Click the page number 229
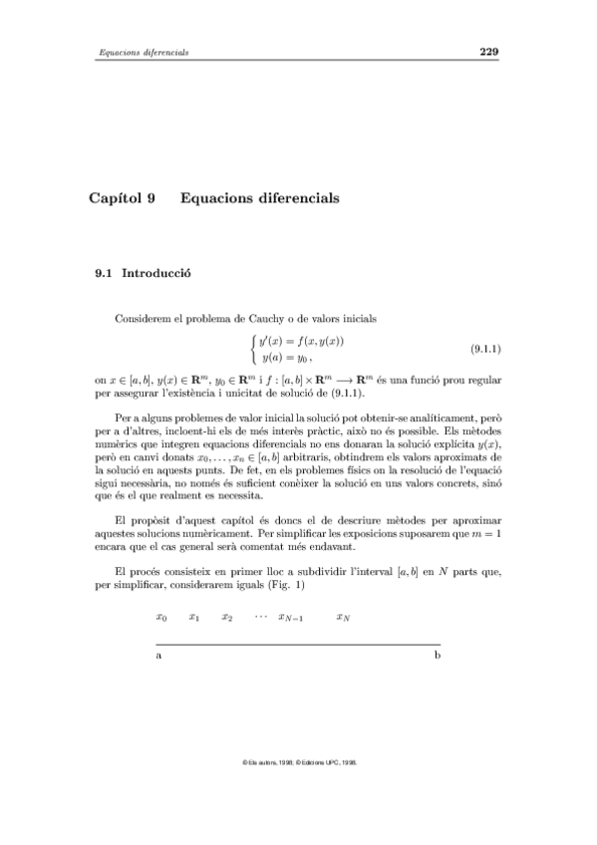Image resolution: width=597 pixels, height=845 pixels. point(488,52)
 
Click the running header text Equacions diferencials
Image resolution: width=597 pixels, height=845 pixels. point(141,53)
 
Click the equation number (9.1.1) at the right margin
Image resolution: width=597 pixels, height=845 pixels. point(484,350)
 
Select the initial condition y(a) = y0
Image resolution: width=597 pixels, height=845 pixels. point(287,357)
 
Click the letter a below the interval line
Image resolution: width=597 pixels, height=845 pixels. point(159,660)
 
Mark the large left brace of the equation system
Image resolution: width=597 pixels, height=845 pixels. point(253,349)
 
